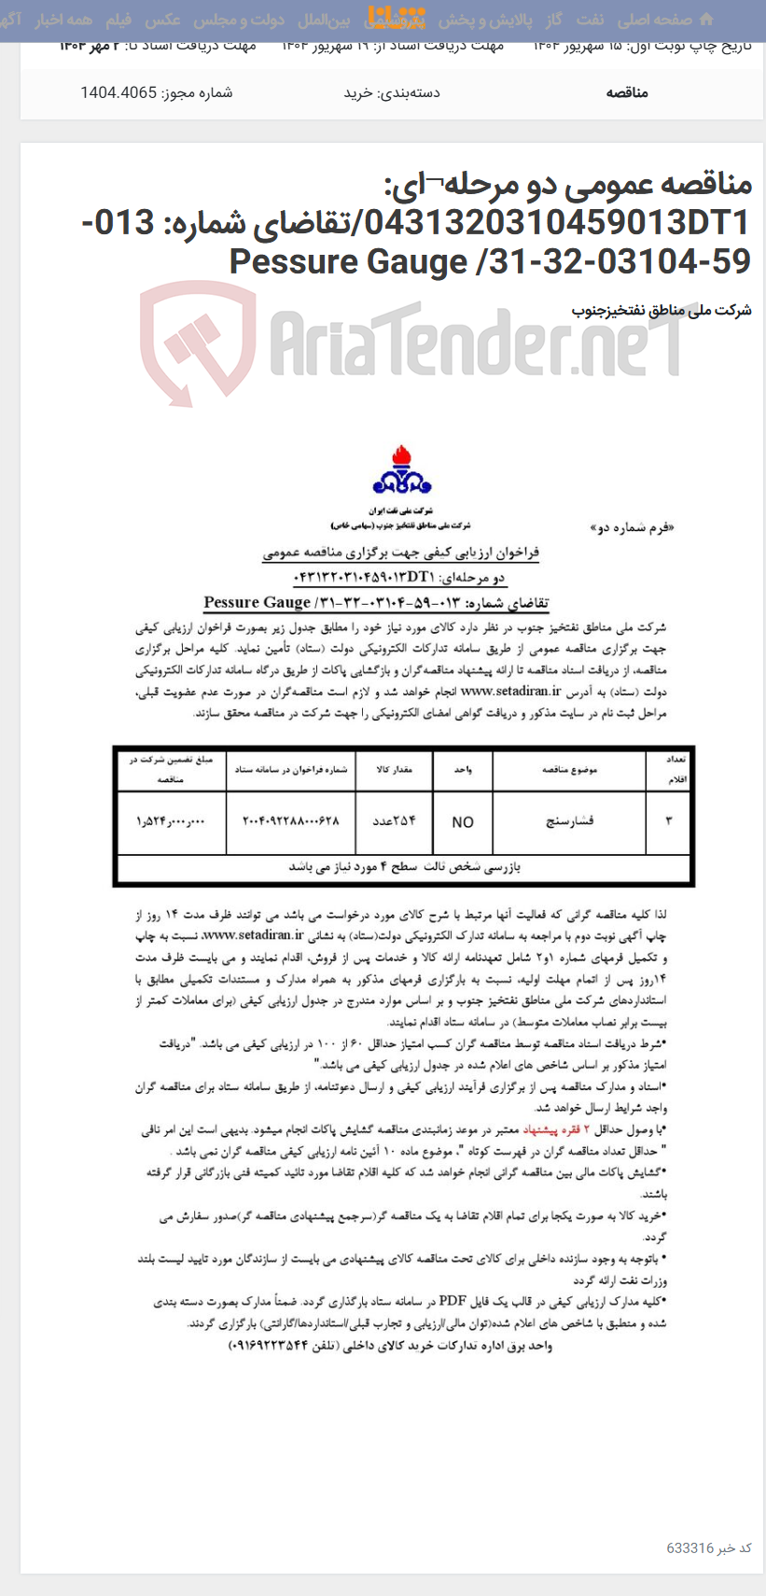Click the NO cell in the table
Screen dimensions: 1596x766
(463, 822)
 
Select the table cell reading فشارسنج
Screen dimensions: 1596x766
(569, 821)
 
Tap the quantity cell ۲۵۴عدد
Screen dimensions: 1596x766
(393, 821)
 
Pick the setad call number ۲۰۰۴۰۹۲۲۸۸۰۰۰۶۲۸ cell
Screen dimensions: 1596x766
(291, 821)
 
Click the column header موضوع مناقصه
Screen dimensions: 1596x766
(569, 771)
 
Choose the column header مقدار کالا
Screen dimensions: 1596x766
(393, 771)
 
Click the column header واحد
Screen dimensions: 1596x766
(463, 771)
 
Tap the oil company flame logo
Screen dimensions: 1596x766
(402, 471)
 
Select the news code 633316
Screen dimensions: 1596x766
(689, 1547)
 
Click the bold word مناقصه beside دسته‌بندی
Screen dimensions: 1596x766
(627, 92)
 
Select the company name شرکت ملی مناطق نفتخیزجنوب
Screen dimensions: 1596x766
(662, 310)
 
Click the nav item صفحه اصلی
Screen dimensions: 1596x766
(654, 20)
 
